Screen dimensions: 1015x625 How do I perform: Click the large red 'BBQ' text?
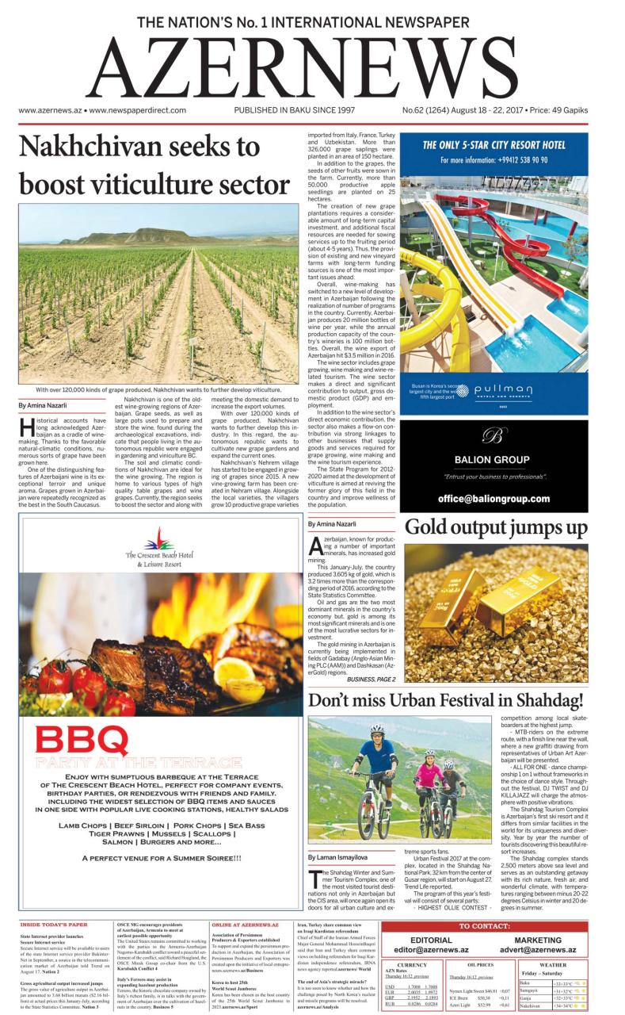(x=82, y=742)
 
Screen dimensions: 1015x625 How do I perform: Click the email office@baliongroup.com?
(x=494, y=499)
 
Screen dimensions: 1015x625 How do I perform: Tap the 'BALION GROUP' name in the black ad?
(x=491, y=459)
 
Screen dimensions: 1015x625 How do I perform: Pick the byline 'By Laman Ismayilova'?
(x=338, y=857)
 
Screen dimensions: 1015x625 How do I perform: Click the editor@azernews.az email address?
(x=432, y=949)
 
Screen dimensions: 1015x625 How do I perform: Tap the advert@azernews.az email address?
(x=543, y=949)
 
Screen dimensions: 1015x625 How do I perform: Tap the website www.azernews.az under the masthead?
(x=48, y=111)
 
